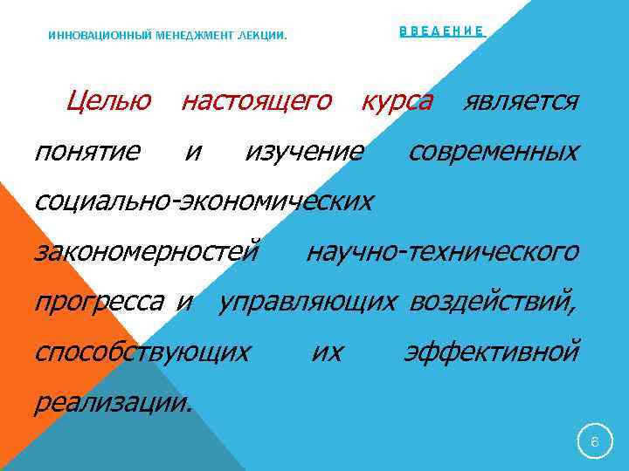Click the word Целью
click(x=108, y=102)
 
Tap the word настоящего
click(x=256, y=102)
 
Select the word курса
click(x=397, y=102)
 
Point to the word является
click(x=521, y=102)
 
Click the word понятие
click(x=86, y=153)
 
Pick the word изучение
click(x=304, y=153)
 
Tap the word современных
click(x=494, y=153)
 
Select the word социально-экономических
click(x=203, y=202)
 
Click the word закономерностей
click(x=147, y=252)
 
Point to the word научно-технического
click(x=442, y=252)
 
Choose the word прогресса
click(x=98, y=303)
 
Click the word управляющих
click(x=308, y=303)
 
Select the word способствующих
click(x=142, y=352)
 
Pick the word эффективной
click(x=491, y=352)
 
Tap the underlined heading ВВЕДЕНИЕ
click(x=441, y=31)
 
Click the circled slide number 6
click(x=594, y=442)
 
